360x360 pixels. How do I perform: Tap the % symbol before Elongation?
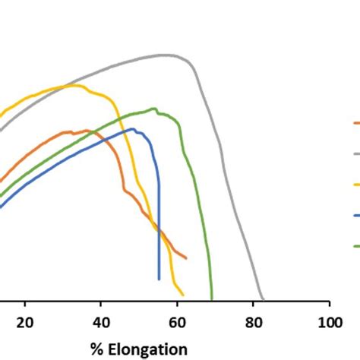[96, 349]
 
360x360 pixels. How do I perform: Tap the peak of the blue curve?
[134, 129]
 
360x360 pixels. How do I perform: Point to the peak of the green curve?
[154, 109]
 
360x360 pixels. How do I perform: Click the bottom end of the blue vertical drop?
[159, 279]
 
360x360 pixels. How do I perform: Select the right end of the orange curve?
[186, 258]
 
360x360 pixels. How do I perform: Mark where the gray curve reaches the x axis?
[263, 299]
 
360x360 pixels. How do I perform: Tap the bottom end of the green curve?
[212, 299]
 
